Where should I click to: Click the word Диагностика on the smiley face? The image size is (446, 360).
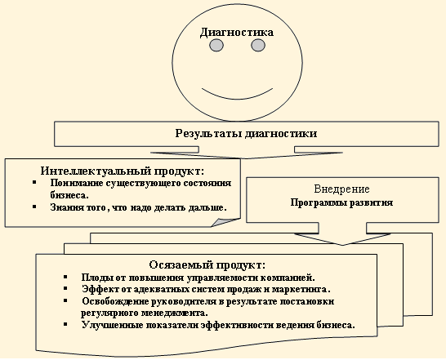pyautogui.click(x=237, y=33)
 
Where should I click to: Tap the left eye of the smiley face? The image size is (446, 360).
pyautogui.click(x=216, y=45)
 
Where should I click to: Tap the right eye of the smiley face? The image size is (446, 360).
pyautogui.click(x=258, y=45)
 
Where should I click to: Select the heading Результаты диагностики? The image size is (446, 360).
pyautogui.click(x=246, y=133)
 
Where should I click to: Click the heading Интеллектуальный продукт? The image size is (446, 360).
pyautogui.click(x=123, y=171)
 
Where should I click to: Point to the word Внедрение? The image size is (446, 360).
pyautogui.click(x=342, y=189)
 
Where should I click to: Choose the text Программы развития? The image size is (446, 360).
pyautogui.click(x=341, y=202)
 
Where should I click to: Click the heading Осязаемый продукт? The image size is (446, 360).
pyautogui.click(x=207, y=264)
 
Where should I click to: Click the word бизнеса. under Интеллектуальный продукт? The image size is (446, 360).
pyautogui.click(x=69, y=195)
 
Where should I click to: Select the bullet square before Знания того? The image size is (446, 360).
pyautogui.click(x=34, y=207)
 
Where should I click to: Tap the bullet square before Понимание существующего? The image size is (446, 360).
pyautogui.click(x=34, y=182)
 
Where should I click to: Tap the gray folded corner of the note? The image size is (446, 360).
pyautogui.click(x=225, y=222)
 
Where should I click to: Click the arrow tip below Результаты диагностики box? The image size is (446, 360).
pyautogui.click(x=247, y=158)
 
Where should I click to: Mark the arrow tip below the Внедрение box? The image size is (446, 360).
pyautogui.click(x=342, y=245)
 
